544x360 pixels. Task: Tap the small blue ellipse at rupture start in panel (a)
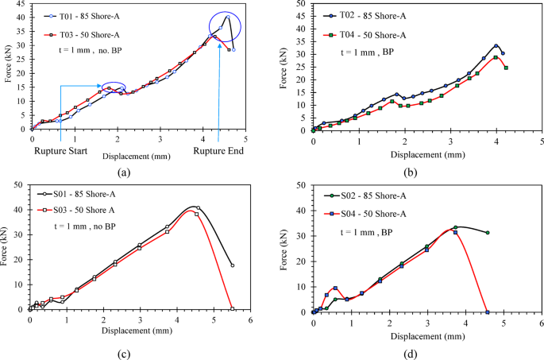[x=114, y=87]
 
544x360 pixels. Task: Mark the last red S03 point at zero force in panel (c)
[x=232, y=308]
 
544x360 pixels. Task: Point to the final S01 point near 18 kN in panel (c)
[x=232, y=265]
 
